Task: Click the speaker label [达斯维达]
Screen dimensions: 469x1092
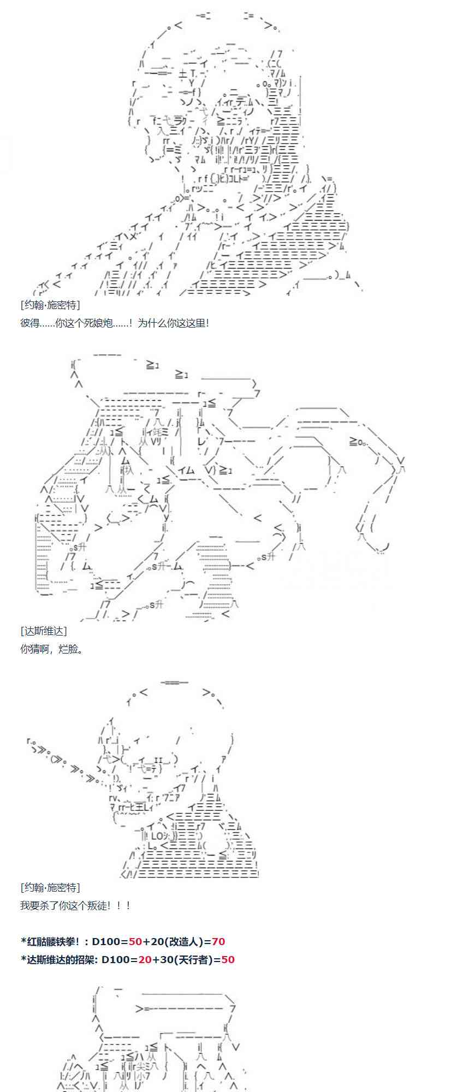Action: [x=43, y=631]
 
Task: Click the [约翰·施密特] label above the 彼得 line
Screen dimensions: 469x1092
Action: [x=50, y=305]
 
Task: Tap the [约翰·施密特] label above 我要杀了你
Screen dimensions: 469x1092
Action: [x=50, y=887]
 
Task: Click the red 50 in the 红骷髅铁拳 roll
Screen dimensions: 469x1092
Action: [x=135, y=941]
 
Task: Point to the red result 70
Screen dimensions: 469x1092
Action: [x=218, y=941]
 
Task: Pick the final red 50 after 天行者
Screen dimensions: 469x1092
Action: [x=228, y=959]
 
